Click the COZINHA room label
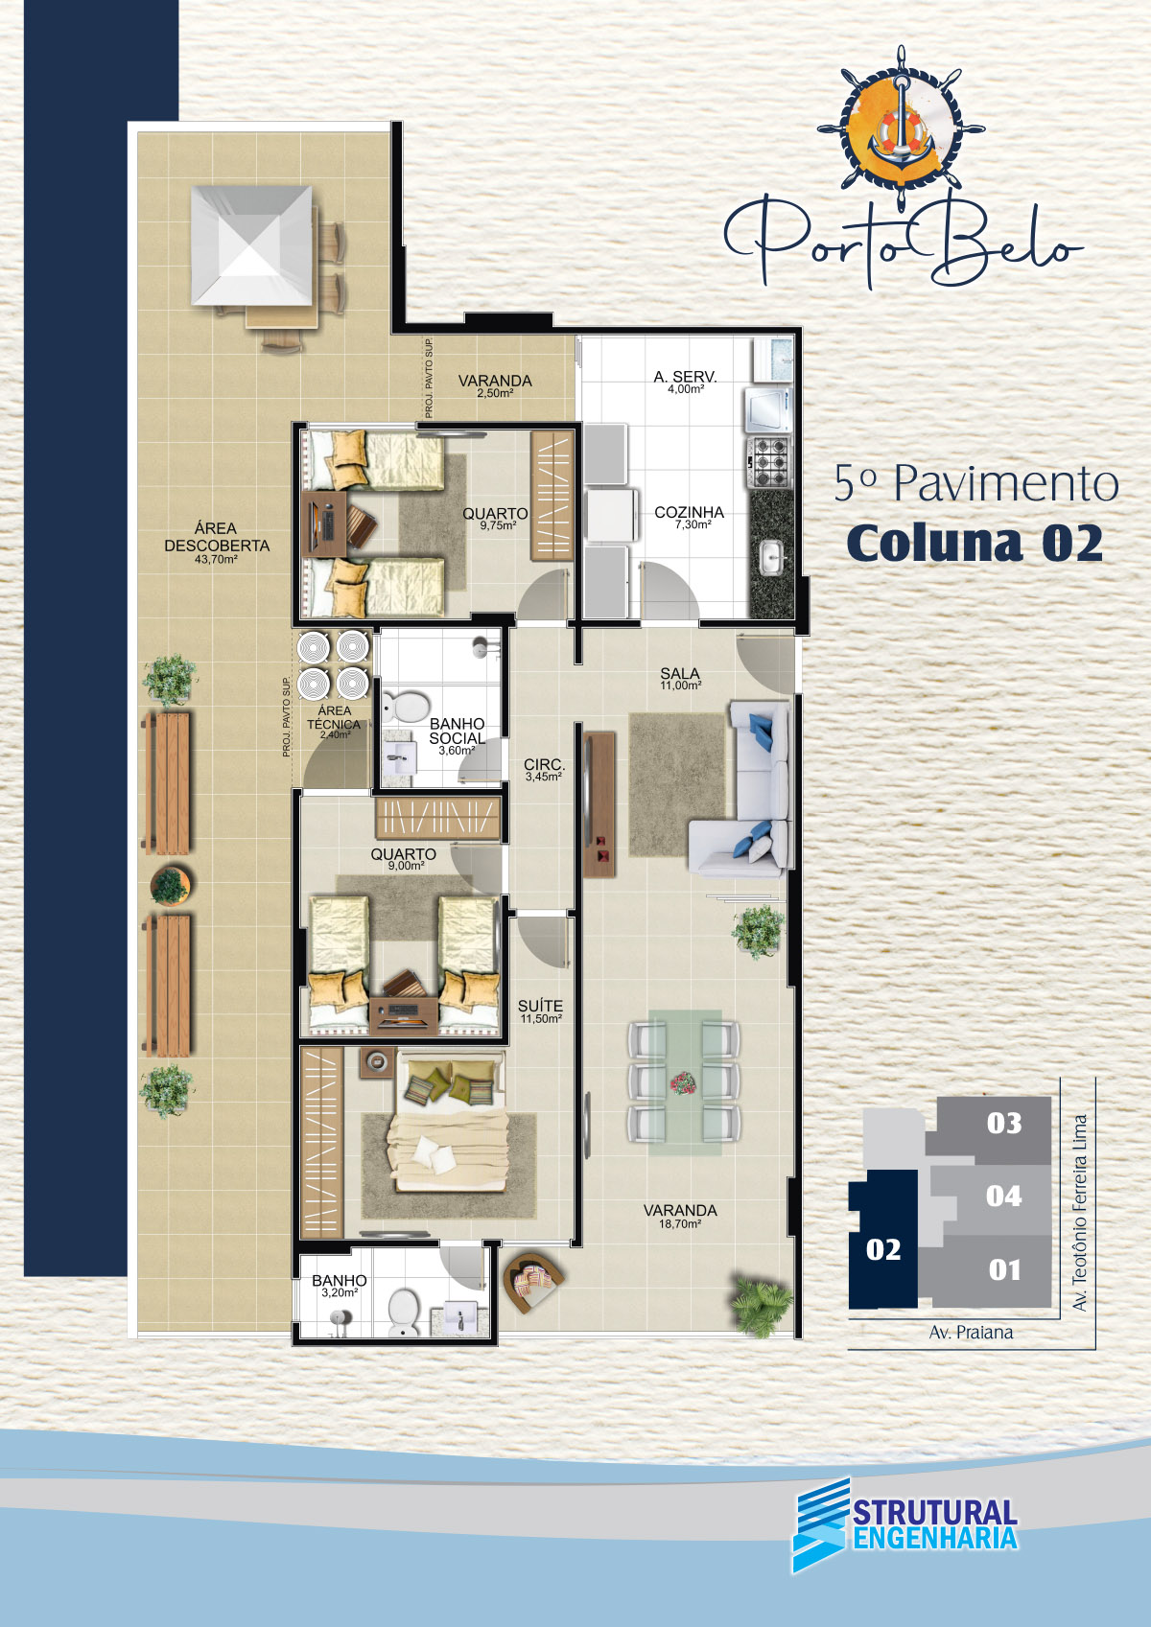click(689, 512)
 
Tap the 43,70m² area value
click(216, 559)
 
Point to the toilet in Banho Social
click(406, 706)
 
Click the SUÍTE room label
click(541, 1006)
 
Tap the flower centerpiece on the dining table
click(683, 1083)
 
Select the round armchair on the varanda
click(532, 1282)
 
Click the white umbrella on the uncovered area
click(251, 244)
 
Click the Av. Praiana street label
click(971, 1332)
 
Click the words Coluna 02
click(975, 544)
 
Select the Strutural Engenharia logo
click(904, 1524)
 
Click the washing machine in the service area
click(767, 408)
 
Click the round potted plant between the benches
click(170, 886)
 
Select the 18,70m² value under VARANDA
click(680, 1224)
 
